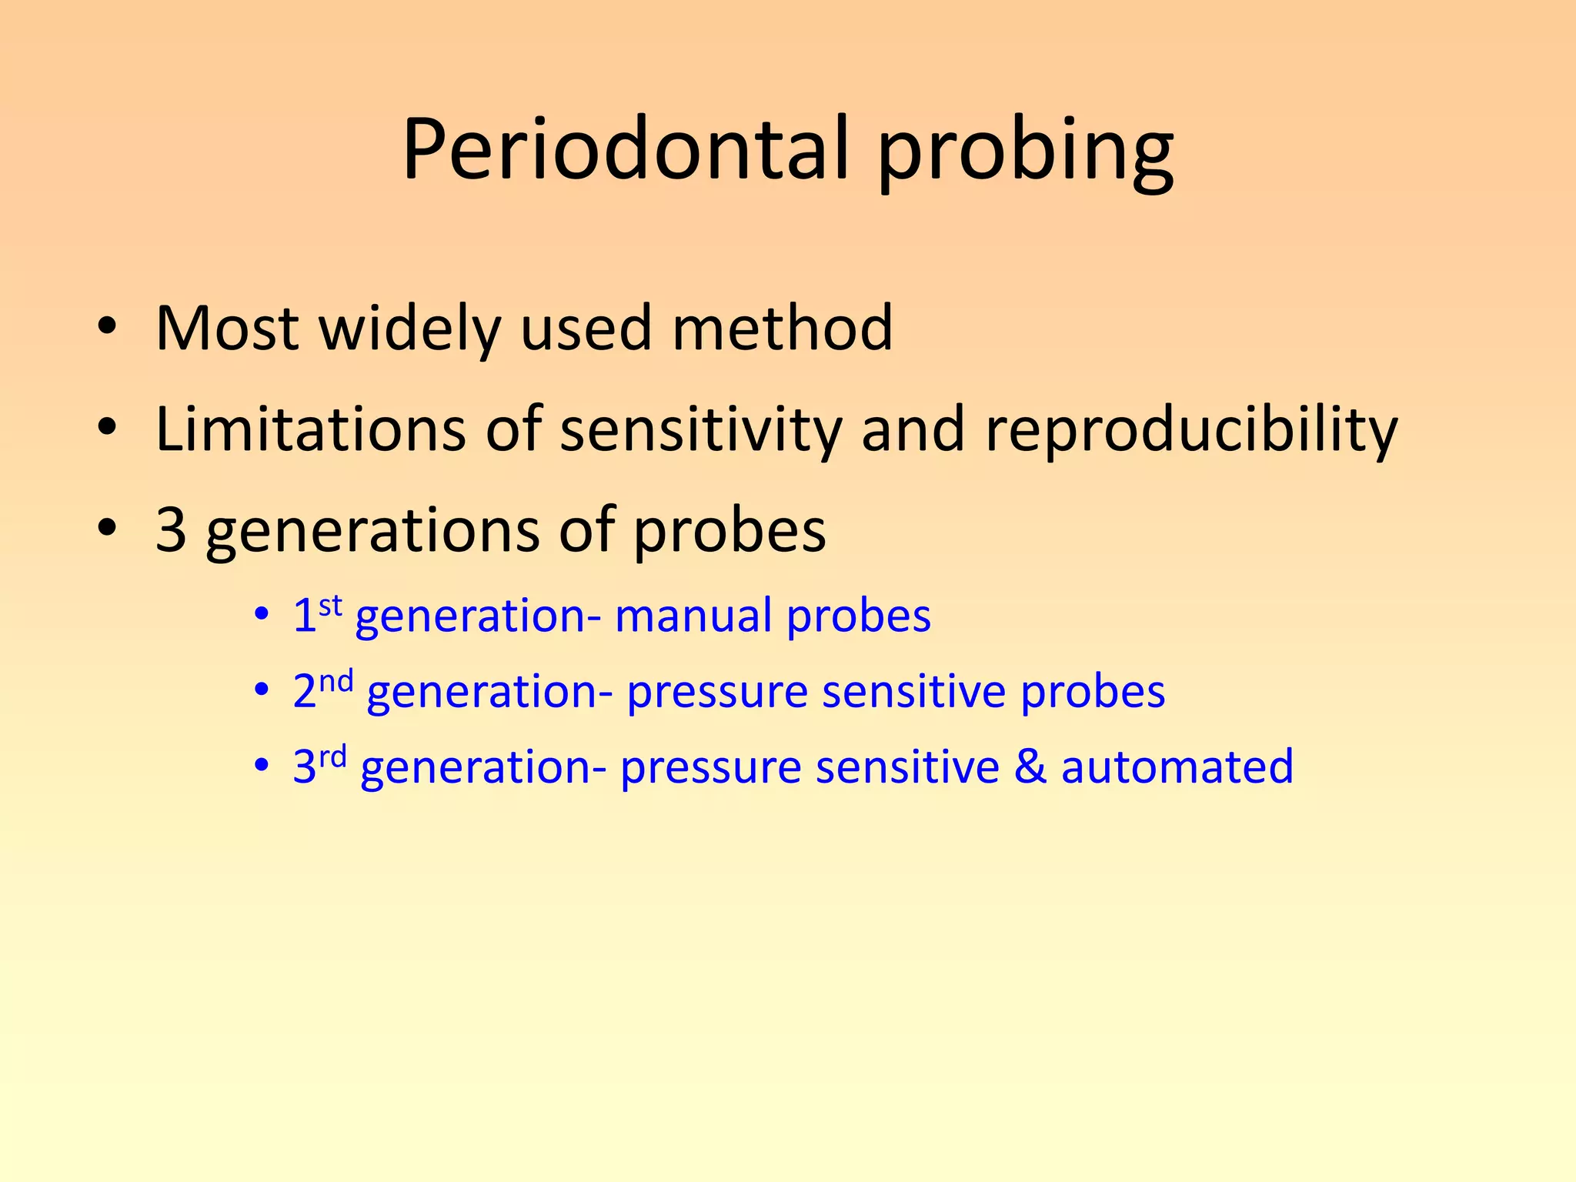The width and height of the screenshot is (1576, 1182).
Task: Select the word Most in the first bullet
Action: (x=227, y=329)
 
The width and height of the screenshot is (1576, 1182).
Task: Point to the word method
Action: (x=782, y=329)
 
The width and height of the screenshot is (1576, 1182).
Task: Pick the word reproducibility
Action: (x=1190, y=431)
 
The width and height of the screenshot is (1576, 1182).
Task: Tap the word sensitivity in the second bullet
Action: (x=700, y=431)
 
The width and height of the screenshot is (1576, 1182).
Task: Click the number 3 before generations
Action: (x=171, y=530)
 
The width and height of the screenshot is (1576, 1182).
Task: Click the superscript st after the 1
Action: (x=330, y=606)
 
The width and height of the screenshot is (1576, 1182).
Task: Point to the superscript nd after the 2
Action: (x=336, y=681)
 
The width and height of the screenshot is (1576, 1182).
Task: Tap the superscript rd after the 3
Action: (x=333, y=756)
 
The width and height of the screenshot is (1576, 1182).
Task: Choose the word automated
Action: (x=1177, y=767)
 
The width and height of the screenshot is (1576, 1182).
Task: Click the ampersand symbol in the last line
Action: (x=1030, y=767)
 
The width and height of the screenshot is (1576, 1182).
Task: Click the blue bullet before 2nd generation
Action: (x=262, y=690)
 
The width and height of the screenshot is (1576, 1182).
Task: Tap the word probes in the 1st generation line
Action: (x=859, y=618)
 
